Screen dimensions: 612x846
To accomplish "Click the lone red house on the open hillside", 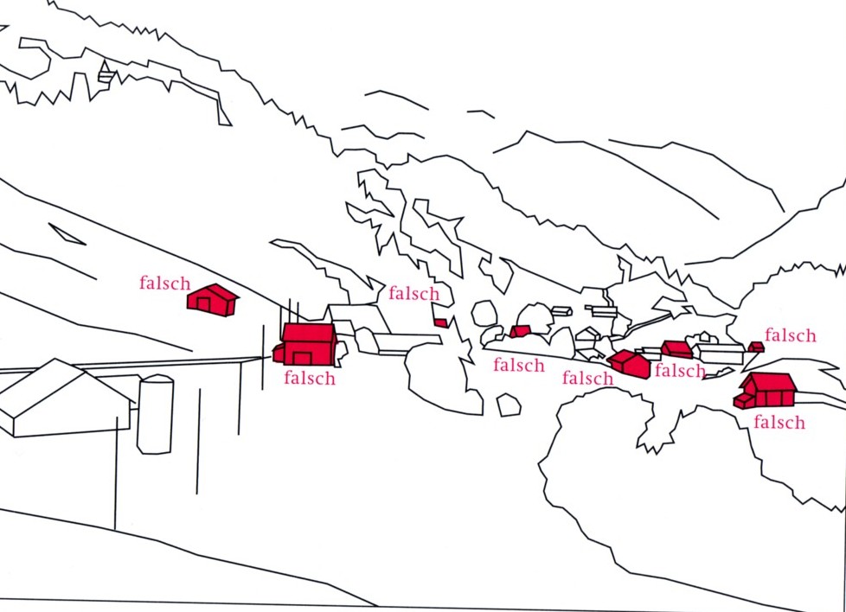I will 212,300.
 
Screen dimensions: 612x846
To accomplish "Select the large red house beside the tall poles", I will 308,344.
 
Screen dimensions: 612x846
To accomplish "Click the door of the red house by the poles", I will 302,358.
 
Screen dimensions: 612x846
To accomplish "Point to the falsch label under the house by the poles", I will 309,378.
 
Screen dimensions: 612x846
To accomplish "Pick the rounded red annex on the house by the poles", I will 279,354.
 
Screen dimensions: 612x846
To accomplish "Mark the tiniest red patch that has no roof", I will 440,322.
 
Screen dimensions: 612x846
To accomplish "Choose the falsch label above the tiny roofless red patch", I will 413,294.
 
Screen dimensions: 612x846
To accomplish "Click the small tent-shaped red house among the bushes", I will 520,331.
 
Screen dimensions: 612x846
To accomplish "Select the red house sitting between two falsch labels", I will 629,363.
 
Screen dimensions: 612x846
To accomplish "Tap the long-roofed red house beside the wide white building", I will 676,349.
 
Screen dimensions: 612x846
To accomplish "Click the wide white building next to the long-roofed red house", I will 721,354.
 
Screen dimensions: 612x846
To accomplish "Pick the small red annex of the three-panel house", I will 743,401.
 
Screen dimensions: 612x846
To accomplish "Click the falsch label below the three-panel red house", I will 779,423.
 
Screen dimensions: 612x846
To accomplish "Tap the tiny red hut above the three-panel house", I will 756,347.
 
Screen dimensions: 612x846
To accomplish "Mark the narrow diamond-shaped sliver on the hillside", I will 67,233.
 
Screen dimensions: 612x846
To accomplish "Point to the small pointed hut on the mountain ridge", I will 106,73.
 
